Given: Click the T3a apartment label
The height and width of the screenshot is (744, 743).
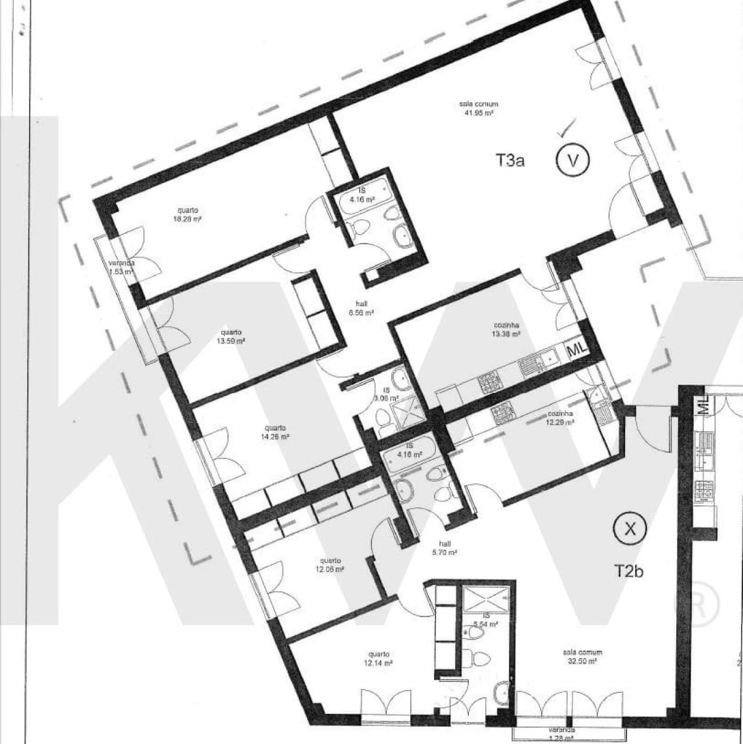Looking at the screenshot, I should pyautogui.click(x=510, y=160).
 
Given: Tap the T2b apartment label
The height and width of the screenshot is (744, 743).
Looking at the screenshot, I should pyautogui.click(x=629, y=571).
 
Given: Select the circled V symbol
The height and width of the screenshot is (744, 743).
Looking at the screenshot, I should pyautogui.click(x=572, y=160).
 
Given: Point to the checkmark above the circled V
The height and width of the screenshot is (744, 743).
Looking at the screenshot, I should pyautogui.click(x=566, y=128).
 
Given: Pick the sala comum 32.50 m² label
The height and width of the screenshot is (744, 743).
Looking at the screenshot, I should pyautogui.click(x=582, y=656).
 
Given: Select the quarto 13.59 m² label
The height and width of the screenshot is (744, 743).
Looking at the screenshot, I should pyautogui.click(x=230, y=337).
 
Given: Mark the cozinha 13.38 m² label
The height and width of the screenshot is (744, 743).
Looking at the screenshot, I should pyautogui.click(x=504, y=330).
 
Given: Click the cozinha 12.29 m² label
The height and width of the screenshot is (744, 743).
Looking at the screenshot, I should pyautogui.click(x=560, y=418).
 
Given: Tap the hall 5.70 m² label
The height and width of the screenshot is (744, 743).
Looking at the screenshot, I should pyautogui.click(x=445, y=548).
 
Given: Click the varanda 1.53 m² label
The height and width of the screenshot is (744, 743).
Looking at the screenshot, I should pyautogui.click(x=121, y=266).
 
